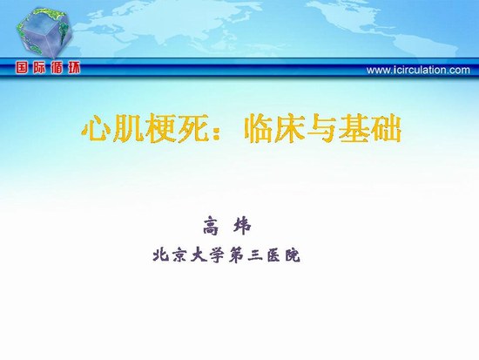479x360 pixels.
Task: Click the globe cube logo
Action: coord(44,33)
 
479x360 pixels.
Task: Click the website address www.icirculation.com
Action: coord(418,70)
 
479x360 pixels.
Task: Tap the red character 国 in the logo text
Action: coord(23,68)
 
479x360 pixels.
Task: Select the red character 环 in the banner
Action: coord(74,68)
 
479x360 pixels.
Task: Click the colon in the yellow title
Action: coord(217,132)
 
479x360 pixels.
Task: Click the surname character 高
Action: coord(212,226)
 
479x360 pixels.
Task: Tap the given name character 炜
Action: coord(243,226)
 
